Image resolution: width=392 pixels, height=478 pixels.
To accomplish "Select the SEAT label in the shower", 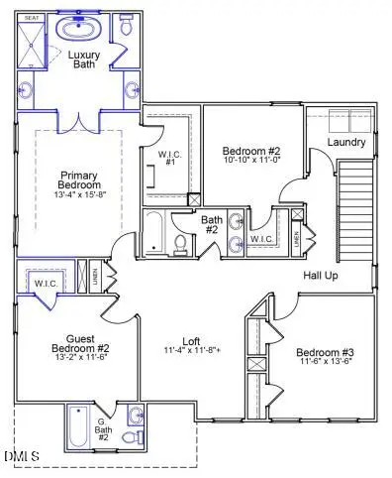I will coord(32,18).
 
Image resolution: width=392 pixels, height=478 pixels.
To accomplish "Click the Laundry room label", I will coord(346,142).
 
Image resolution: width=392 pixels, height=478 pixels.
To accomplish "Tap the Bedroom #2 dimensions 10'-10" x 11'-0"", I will coord(252,159).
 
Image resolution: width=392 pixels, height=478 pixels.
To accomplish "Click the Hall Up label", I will coord(320,275).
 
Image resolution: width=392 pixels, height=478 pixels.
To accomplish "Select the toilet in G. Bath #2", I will coord(128,437).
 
